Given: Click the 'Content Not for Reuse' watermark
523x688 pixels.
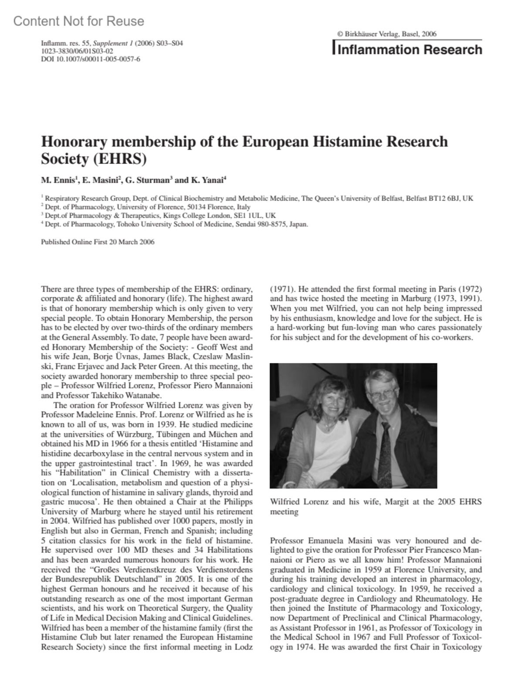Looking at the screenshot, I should tap(78, 21).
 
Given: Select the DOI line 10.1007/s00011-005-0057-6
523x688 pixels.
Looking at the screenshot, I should tap(90, 59).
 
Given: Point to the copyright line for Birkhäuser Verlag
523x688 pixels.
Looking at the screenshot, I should tap(387, 34).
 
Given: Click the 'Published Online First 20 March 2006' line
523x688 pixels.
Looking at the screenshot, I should tap(98, 242).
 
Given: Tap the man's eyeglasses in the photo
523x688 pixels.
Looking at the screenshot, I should tap(381, 394).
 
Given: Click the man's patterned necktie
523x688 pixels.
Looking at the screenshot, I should tap(386, 449).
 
